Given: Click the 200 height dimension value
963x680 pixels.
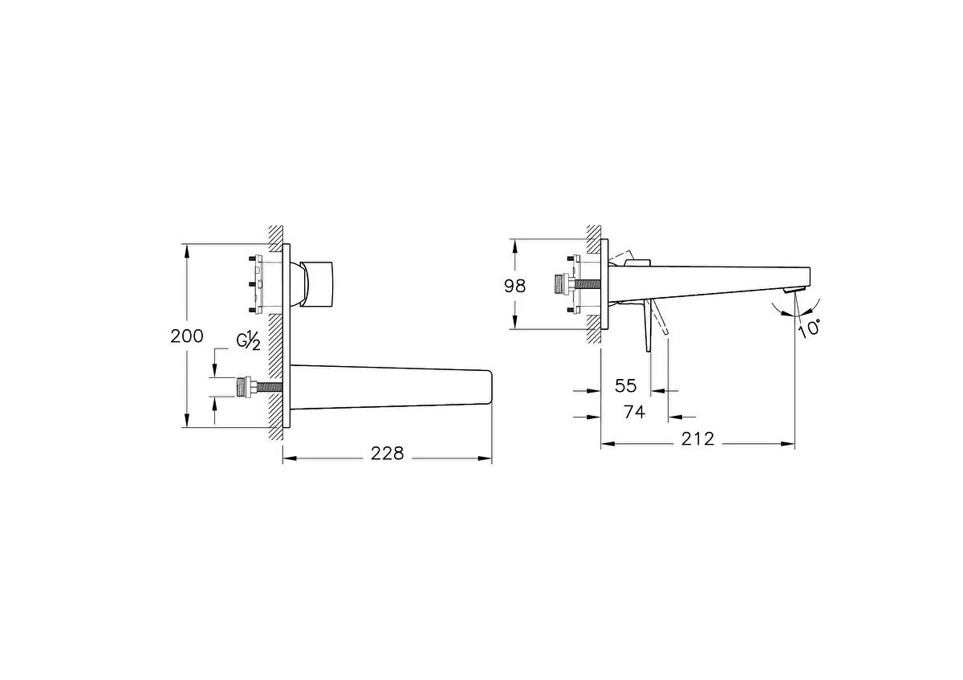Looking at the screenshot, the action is [x=186, y=336].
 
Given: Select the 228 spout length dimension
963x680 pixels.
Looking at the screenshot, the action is [x=388, y=454].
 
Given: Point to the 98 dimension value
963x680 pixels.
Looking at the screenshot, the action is [x=514, y=286].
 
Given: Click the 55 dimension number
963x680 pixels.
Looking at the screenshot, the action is [x=625, y=386].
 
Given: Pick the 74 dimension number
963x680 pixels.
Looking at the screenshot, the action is [x=635, y=412].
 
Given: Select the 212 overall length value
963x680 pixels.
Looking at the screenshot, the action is [x=697, y=438].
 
